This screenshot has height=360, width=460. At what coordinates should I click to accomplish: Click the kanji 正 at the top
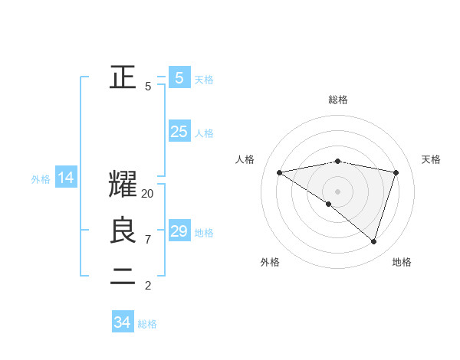point(123,77)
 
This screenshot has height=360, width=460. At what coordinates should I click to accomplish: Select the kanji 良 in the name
point(123,231)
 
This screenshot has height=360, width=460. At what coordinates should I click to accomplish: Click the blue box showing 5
point(179,77)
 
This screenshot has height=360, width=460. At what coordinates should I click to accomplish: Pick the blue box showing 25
point(179,132)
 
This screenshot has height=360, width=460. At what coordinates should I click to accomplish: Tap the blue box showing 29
point(179,231)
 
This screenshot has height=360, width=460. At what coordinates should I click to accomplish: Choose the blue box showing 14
point(66,178)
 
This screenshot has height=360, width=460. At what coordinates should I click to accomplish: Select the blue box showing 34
point(122,322)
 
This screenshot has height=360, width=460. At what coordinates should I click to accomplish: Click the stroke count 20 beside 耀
point(148,194)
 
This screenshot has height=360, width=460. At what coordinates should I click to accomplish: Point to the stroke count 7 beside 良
point(148,240)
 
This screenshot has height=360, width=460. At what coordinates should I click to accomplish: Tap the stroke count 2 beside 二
point(148,286)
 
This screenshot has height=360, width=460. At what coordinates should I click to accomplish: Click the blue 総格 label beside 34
point(147,324)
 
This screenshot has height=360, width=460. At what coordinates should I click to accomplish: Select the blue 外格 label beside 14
point(41,179)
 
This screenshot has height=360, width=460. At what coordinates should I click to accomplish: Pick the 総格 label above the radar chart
point(337,100)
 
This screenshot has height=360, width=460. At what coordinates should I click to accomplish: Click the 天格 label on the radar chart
point(432,159)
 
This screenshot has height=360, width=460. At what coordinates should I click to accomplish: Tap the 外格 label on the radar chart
point(270,262)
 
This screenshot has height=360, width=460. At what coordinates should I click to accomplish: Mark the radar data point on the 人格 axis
point(279,172)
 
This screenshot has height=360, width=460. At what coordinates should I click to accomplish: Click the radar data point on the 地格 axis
point(373,241)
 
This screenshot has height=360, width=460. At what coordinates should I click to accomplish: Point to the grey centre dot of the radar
point(337,191)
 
